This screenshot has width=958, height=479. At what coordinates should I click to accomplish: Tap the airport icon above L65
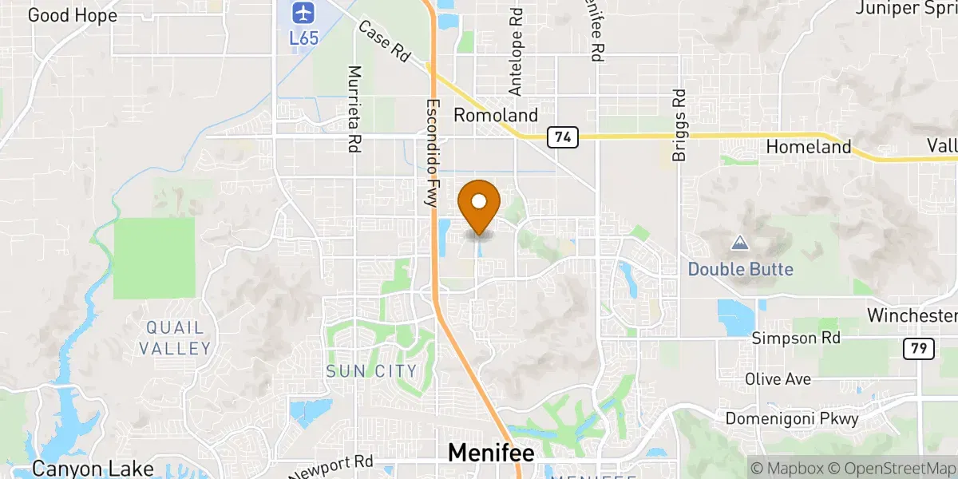coord(301,13)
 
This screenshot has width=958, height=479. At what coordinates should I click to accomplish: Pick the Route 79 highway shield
coord(915,348)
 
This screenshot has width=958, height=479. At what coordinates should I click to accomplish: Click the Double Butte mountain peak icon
coord(740,243)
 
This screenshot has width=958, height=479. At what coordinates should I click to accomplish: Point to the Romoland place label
coord(496,116)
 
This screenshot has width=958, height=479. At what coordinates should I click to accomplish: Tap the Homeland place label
coord(809,148)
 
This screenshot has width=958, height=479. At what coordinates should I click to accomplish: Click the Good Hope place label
coord(72,15)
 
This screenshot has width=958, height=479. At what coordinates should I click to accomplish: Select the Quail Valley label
coord(175,338)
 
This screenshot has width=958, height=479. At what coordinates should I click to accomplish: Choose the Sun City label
coord(371,371)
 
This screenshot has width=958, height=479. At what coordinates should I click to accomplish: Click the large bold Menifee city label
coord(490,453)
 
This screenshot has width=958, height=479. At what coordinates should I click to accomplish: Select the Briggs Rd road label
coord(679,125)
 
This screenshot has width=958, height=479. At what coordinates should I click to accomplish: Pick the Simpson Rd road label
coord(797,338)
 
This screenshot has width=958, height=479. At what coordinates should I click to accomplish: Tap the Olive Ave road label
coord(778,378)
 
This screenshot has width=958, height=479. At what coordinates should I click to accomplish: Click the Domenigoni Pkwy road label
coord(792,418)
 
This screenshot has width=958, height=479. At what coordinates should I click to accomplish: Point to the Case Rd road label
coord(384,42)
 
